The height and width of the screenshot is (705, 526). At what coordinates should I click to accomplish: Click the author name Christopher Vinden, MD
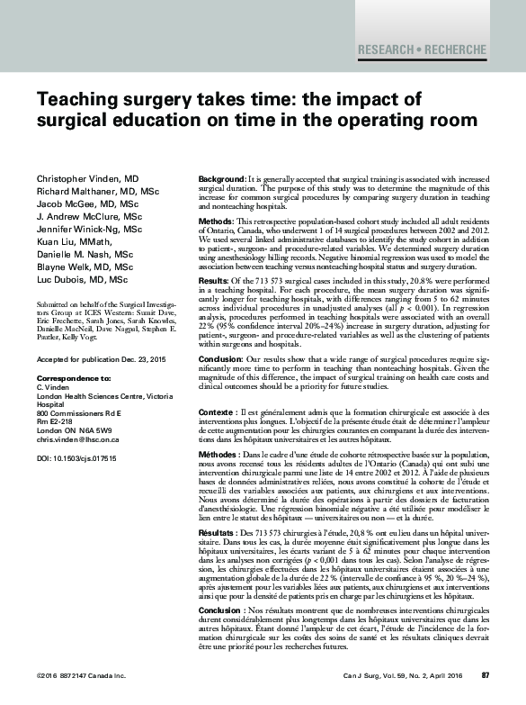point(88,179)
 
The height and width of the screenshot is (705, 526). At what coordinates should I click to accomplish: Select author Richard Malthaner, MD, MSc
point(97,192)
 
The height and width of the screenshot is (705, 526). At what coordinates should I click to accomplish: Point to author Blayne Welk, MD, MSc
point(85,267)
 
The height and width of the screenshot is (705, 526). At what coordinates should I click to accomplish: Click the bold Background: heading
point(220,181)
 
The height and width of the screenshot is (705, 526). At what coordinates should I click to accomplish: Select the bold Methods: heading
point(216,221)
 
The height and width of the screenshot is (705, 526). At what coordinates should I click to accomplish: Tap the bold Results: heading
point(214,282)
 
